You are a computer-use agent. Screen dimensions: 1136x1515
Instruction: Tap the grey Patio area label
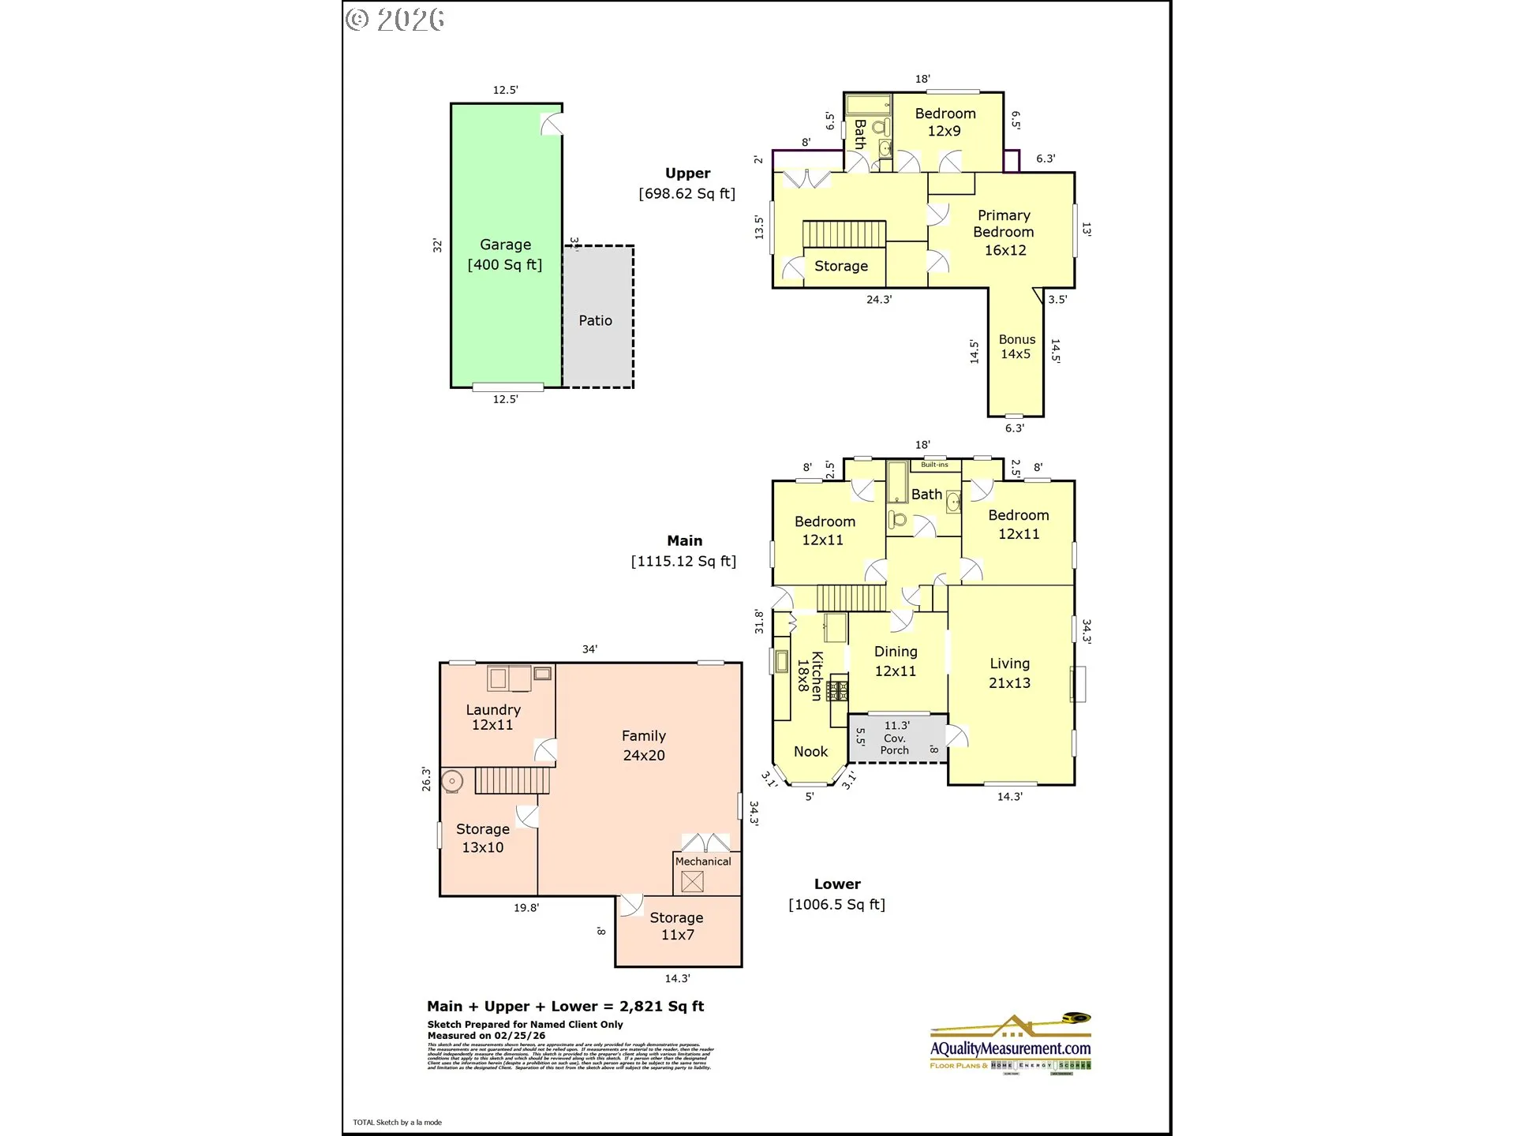pos(595,320)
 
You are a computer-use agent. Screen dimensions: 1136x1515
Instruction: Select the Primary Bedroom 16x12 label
pos(1004,232)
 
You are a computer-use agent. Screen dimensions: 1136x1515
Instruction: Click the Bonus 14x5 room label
pos(1016,346)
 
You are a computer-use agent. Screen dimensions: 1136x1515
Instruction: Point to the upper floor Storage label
pos(840,266)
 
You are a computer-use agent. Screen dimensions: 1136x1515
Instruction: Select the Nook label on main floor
pos(810,751)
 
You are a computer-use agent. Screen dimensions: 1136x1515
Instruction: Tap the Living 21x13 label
pos(1009,673)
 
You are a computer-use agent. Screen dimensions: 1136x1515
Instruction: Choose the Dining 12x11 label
pos(896,661)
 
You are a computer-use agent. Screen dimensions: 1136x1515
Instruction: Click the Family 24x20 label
pos(643,745)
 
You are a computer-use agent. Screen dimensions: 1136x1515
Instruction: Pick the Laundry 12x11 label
pos(492,717)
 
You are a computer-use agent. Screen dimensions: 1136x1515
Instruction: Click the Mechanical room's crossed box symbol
pos(692,881)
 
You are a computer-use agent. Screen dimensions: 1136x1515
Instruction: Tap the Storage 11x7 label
pos(676,925)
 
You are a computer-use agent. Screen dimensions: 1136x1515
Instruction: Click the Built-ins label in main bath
pos(934,465)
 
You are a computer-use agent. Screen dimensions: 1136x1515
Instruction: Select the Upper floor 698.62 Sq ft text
pos(686,193)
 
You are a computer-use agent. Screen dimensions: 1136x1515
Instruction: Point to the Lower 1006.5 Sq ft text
pos(836,904)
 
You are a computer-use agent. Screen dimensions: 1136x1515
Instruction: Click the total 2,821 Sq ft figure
pos(661,1006)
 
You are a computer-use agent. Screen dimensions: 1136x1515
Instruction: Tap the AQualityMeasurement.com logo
pos(1010,1047)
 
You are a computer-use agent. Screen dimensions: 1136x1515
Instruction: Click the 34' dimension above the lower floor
pos(589,649)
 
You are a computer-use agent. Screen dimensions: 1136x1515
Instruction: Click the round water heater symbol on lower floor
pos(451,781)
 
